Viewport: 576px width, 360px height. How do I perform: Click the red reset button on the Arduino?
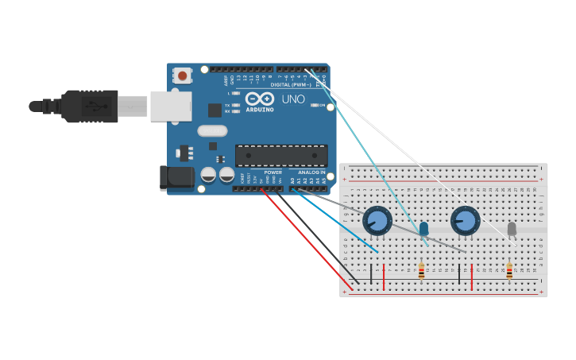[x=183, y=76]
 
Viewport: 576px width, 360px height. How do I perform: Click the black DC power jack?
[x=176, y=177]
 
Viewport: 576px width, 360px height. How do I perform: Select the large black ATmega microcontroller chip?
[x=281, y=156]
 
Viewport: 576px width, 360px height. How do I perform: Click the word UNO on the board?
[x=293, y=100]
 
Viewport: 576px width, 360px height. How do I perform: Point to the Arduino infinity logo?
[x=259, y=99]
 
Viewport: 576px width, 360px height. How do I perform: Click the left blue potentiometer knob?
[x=377, y=220]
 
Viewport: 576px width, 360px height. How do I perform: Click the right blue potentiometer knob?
[x=466, y=220]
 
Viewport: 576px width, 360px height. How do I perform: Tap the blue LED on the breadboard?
[x=423, y=229]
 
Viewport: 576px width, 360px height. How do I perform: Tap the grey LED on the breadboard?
[x=512, y=229]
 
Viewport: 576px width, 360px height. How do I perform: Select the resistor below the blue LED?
[x=421, y=273]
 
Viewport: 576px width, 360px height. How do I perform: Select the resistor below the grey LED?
[x=509, y=273]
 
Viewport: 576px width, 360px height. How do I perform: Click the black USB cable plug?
[x=89, y=106]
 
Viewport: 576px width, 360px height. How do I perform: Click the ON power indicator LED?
[x=315, y=105]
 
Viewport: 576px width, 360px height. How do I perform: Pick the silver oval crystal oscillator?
[x=212, y=131]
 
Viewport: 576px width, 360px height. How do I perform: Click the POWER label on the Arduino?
[x=273, y=172]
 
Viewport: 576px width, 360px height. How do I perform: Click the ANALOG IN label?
[x=311, y=172]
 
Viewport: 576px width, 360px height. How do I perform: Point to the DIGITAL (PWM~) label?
[x=291, y=84]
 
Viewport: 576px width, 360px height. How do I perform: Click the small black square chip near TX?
[x=215, y=110]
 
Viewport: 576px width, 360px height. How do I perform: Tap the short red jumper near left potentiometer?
[x=384, y=277]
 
